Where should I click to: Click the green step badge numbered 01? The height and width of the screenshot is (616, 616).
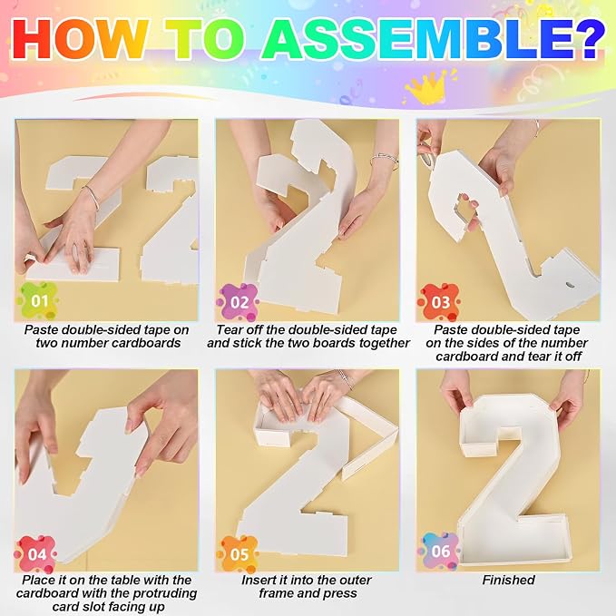[x=38, y=301]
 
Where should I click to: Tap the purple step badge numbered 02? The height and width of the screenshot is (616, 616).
[x=238, y=302]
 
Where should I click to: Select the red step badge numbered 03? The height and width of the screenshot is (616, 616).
[x=439, y=302]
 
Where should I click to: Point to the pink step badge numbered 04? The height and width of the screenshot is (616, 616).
[x=36, y=554]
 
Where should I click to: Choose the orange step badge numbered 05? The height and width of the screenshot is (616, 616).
[x=238, y=554]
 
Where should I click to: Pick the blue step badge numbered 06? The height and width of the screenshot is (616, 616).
[x=440, y=552]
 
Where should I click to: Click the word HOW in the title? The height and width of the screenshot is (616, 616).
[x=80, y=39]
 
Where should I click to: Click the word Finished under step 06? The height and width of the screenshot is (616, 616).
[x=508, y=580]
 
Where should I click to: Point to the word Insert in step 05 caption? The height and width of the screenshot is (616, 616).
[x=258, y=580]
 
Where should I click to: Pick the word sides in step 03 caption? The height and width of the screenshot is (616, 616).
[x=493, y=343]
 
